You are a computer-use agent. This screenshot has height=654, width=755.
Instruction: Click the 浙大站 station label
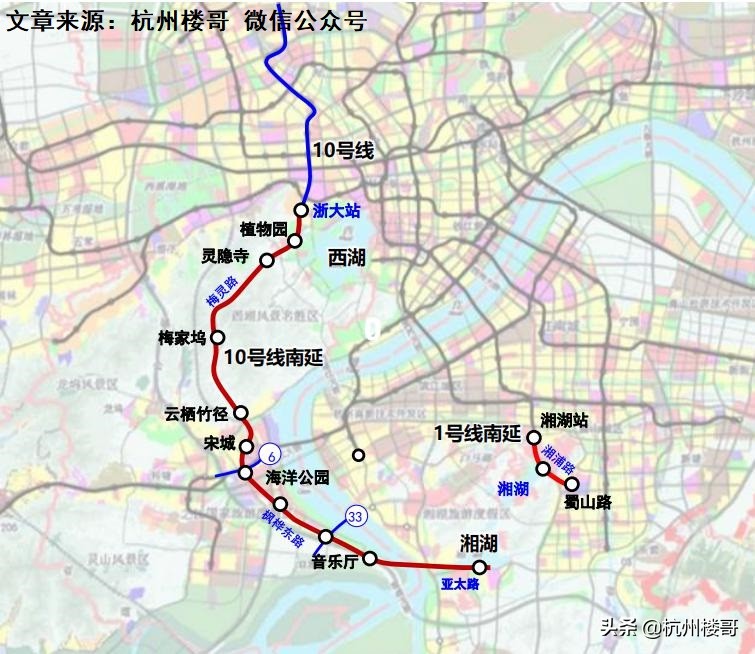click(335, 211)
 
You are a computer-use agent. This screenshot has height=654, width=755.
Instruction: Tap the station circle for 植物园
click(295, 241)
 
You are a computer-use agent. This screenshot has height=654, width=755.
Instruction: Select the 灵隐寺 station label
click(229, 255)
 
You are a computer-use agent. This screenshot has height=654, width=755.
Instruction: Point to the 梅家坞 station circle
click(217, 337)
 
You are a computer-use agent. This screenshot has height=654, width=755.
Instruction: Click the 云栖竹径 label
click(198, 412)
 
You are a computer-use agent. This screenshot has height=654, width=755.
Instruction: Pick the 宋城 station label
click(219, 443)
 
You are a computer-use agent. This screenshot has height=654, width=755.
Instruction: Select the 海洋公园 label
click(297, 478)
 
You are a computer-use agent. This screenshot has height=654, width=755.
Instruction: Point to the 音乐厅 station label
click(335, 562)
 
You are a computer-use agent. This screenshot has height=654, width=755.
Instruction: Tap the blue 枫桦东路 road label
click(284, 527)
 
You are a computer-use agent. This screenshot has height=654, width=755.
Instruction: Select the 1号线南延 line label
click(478, 433)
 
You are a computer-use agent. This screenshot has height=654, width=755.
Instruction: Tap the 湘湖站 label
click(564, 419)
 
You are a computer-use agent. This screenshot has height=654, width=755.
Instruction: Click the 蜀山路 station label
click(587, 501)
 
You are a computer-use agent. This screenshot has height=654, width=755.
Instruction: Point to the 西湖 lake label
click(346, 258)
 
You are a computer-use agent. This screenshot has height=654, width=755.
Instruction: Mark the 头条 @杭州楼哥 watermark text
click(669, 627)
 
